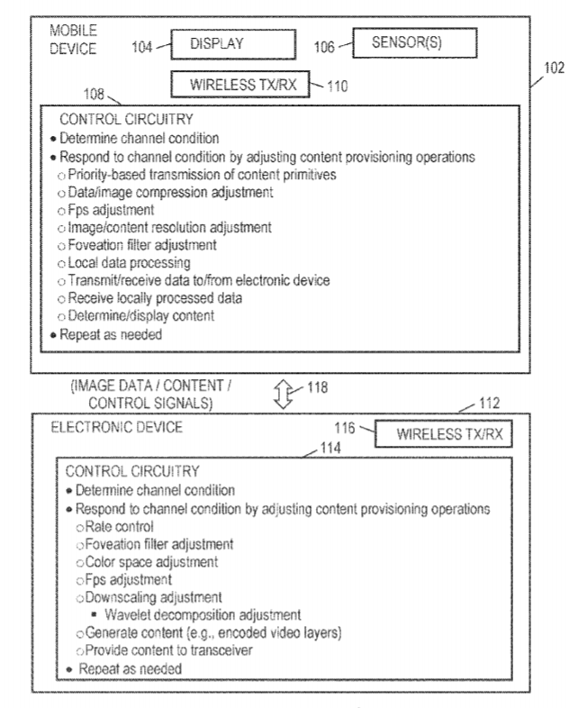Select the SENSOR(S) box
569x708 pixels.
[412, 40]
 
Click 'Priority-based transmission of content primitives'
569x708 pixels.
[202, 175]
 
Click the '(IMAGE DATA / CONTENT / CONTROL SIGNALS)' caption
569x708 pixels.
[154, 394]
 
